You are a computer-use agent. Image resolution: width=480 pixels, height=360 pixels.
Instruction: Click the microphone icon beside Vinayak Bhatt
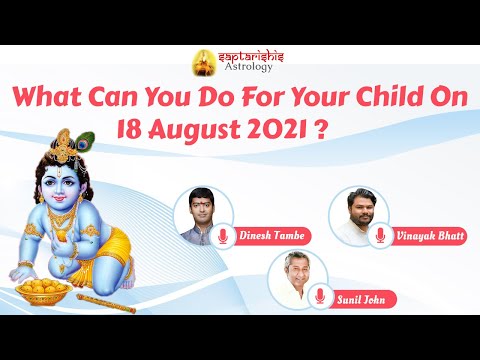[x=380, y=237]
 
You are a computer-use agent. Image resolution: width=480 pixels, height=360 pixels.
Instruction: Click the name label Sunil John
[x=362, y=297]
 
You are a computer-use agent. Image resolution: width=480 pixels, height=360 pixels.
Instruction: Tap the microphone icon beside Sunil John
[x=320, y=297]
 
